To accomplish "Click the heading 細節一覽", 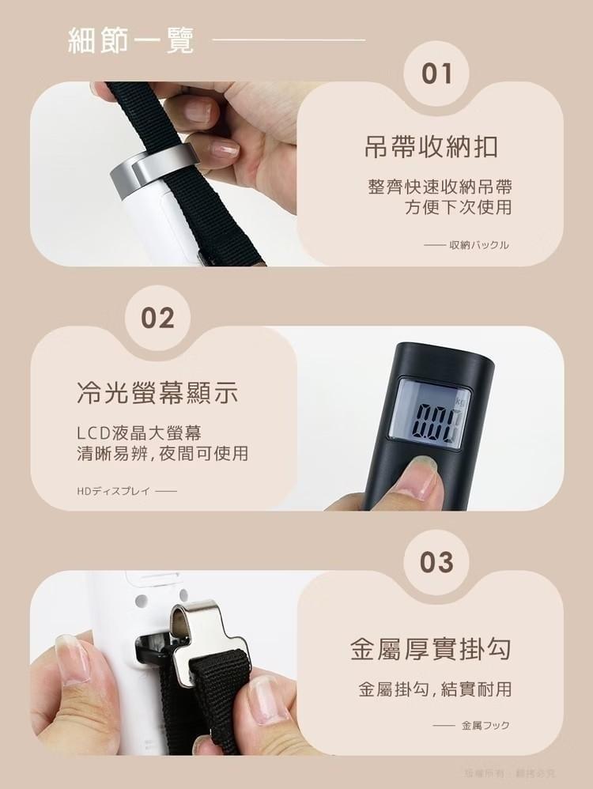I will click(131, 40).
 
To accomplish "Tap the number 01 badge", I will click(436, 74).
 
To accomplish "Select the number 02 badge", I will click(157, 318).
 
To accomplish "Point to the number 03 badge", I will click(436, 563).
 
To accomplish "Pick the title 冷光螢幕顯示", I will click(157, 393).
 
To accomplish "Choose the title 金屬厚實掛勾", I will click(431, 650).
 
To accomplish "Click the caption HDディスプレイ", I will click(113, 491).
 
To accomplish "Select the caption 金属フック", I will click(485, 725).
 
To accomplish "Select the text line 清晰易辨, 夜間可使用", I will click(162, 454).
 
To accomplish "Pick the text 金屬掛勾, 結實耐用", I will click(435, 689).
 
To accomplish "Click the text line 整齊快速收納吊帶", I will click(440, 187).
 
